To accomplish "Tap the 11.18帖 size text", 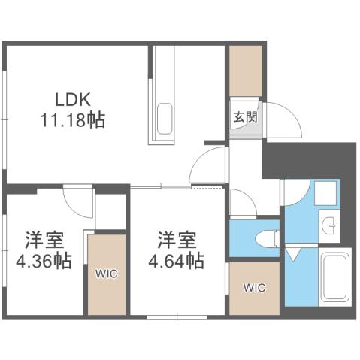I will pyautogui.click(x=73, y=119).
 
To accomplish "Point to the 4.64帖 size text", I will pyautogui.click(x=177, y=260).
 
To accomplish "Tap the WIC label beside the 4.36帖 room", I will pyautogui.click(x=106, y=274).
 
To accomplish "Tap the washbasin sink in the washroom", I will pyautogui.click(x=329, y=222).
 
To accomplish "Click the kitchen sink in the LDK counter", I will pyautogui.click(x=163, y=118).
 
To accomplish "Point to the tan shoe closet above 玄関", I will pyautogui.click(x=245, y=71).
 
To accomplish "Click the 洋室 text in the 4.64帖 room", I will pyautogui.click(x=177, y=241).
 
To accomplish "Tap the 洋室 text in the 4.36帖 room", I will pyautogui.click(x=42, y=242).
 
